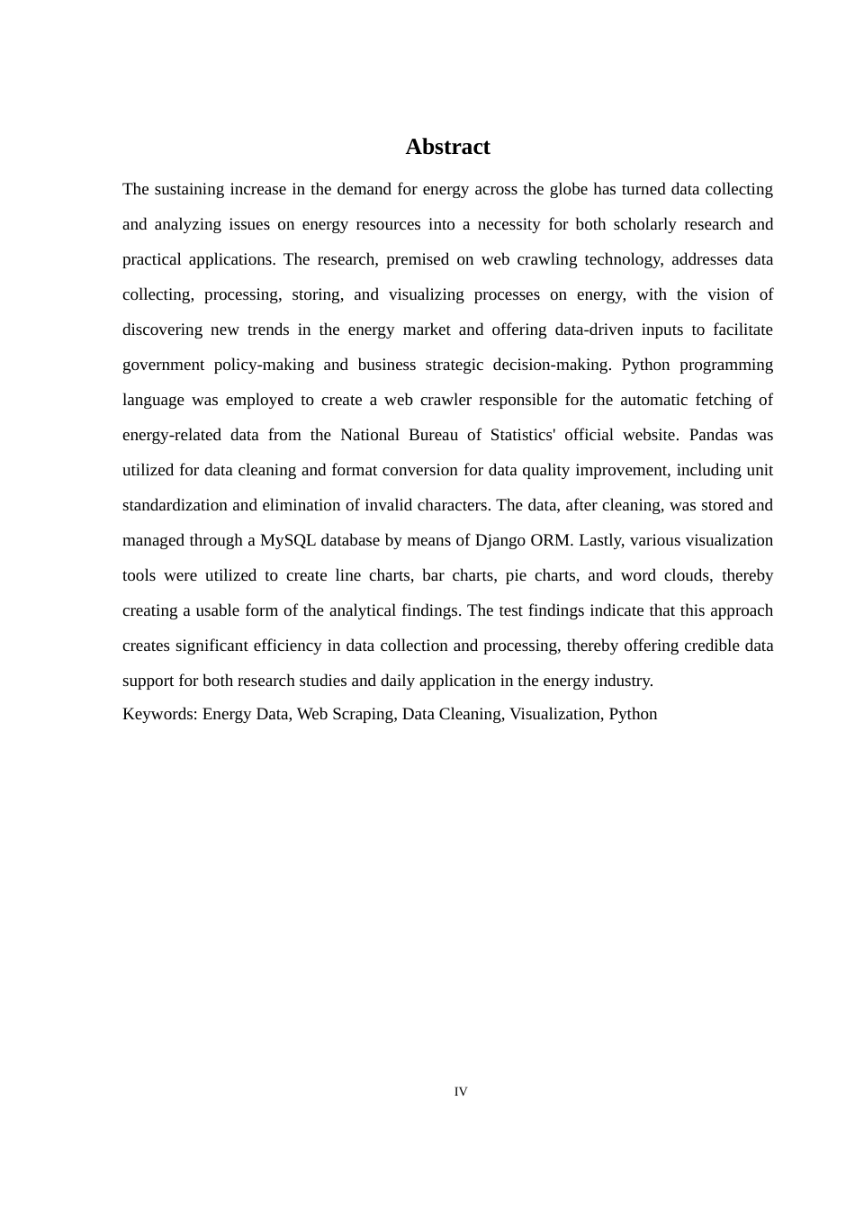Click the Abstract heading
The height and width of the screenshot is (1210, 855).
[x=447, y=147]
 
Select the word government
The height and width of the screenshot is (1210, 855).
[x=163, y=365]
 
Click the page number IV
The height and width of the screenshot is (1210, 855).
[x=461, y=1092]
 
